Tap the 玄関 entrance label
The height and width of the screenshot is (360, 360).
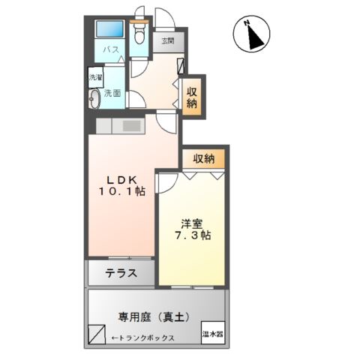[166, 41]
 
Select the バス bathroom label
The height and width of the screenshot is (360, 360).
[111, 50]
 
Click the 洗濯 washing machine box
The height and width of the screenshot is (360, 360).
[95, 77]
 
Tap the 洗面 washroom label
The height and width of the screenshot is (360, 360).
[112, 94]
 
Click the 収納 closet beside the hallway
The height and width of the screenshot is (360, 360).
[192, 95]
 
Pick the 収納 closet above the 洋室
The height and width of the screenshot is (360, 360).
[204, 158]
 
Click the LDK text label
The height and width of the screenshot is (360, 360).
[119, 179]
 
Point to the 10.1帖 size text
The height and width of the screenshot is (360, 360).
[120, 192]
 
